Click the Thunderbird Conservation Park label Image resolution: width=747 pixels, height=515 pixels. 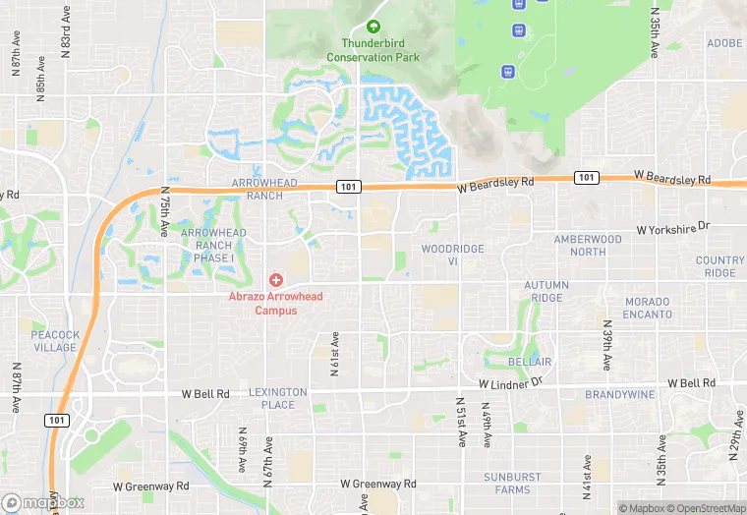pyautogui.click(x=380, y=50)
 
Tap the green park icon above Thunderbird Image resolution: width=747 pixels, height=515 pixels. pyautogui.click(x=373, y=27)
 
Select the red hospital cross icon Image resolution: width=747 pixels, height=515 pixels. pyautogui.click(x=276, y=280)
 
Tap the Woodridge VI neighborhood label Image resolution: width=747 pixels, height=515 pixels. pyautogui.click(x=452, y=255)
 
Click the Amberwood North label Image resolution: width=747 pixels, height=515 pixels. pyautogui.click(x=588, y=246)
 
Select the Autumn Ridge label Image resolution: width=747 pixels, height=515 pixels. pyautogui.click(x=546, y=292)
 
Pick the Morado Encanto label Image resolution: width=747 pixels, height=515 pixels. pyautogui.click(x=648, y=308)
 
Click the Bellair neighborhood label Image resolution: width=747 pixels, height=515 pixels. pyautogui.click(x=530, y=363)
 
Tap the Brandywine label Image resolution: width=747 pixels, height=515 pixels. pyautogui.click(x=619, y=394)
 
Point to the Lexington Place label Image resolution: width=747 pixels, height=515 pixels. pyautogui.click(x=278, y=398)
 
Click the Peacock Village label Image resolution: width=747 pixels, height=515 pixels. pyautogui.click(x=54, y=341)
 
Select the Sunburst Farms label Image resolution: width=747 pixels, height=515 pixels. pyautogui.click(x=512, y=484)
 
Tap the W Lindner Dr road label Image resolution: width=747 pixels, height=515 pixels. pyautogui.click(x=511, y=382)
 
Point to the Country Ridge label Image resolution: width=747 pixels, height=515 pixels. pyautogui.click(x=719, y=266)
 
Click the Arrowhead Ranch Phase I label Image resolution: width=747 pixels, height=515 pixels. pyautogui.click(x=213, y=245)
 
